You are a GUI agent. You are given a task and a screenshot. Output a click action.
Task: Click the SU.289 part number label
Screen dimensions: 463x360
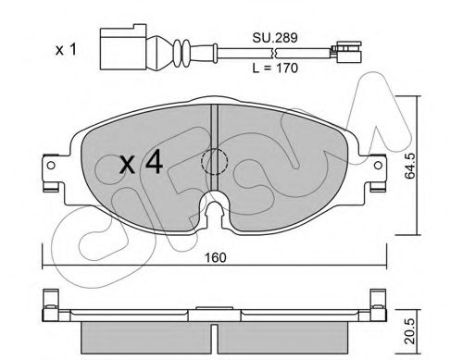coord(275,38)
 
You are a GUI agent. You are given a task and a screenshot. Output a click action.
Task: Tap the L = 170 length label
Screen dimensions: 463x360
coord(275,68)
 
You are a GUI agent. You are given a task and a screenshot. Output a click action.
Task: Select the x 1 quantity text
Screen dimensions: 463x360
coord(66,50)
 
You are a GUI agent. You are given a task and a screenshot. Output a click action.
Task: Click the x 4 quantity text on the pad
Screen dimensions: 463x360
coord(142,162)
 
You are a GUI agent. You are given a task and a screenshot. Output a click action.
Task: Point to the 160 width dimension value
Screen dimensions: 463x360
coord(215,257)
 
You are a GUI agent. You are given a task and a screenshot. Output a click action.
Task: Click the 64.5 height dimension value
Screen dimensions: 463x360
coord(409,166)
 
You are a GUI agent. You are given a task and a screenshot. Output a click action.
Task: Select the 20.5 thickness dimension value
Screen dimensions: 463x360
coord(409,331)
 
